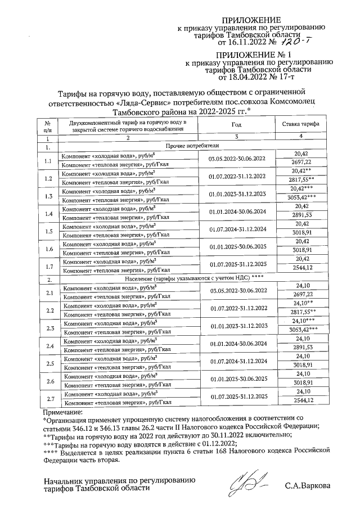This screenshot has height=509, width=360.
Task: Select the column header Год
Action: click(x=237, y=124)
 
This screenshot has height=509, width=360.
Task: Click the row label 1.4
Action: click(x=48, y=214)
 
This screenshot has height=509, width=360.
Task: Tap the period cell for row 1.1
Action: click(x=237, y=158)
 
